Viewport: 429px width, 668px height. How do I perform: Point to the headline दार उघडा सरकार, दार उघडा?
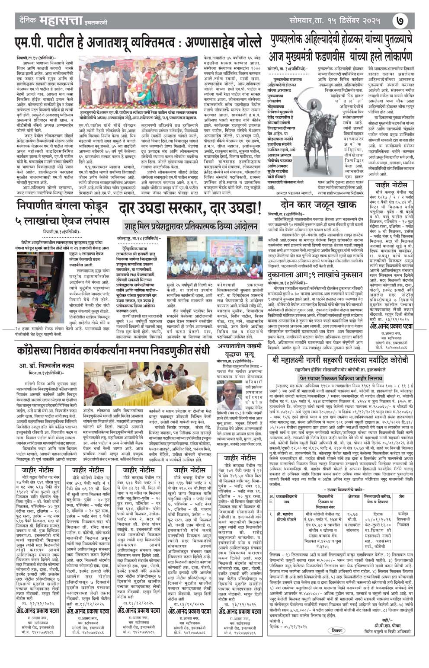coord(190,209)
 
